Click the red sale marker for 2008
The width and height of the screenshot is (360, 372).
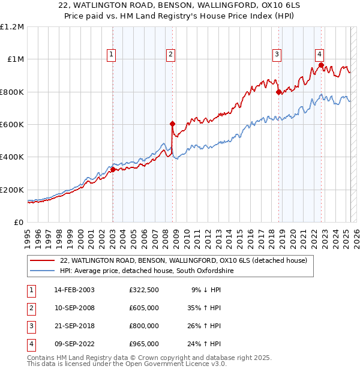pyautogui.click(x=172, y=124)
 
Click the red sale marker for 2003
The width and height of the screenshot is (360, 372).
pyautogui.click(x=113, y=170)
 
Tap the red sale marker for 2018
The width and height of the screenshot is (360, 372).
pyautogui.click(x=278, y=92)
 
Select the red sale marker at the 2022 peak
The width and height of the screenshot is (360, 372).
pyautogui.click(x=321, y=65)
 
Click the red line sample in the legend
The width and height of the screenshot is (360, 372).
pyautogui.click(x=42, y=260)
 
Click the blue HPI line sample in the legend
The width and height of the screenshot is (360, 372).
pyautogui.click(x=42, y=271)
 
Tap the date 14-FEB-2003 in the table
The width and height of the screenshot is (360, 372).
pyautogui.click(x=74, y=289)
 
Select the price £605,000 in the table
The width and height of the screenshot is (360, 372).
pyautogui.click(x=143, y=308)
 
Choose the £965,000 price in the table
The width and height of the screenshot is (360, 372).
pyautogui.click(x=143, y=344)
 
